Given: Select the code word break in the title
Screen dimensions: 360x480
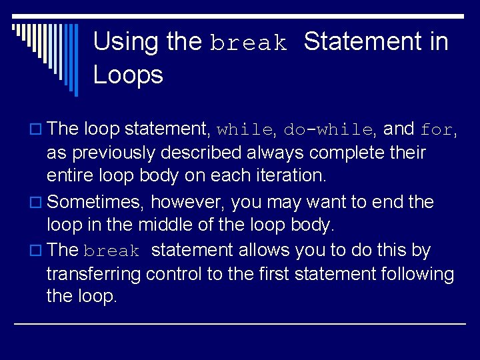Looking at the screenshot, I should tap(249, 44).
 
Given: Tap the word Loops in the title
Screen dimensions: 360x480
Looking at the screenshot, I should tap(128, 75).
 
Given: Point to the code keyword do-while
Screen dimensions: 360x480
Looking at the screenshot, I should tap(328, 129).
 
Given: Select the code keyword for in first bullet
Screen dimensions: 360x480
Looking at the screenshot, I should tap(437, 129).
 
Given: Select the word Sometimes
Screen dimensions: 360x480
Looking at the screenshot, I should tap(97, 201).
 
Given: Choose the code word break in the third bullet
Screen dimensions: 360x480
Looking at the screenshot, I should tap(111, 251).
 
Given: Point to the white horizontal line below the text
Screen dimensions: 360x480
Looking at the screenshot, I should tap(240, 323).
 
